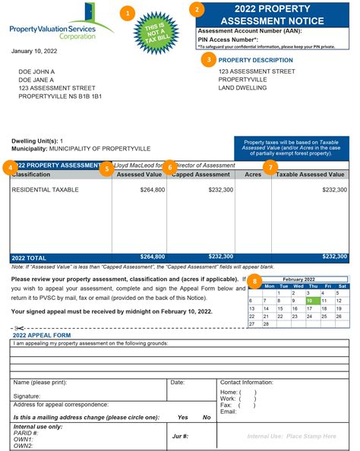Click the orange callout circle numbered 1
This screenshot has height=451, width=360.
coord(128,13)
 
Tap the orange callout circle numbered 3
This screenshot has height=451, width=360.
coord(208,59)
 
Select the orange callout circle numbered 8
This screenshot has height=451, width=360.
coord(255,282)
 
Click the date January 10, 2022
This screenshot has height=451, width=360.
coord(34,52)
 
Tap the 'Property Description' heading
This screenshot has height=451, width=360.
coord(255,60)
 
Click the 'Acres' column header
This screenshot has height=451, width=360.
coord(253,175)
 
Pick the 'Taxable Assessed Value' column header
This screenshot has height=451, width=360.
coord(310,175)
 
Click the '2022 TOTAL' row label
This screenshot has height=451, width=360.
coord(30,257)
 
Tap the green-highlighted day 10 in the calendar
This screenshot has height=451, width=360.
coord(309,301)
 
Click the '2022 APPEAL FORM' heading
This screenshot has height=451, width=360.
coord(41,335)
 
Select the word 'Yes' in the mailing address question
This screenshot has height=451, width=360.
coord(182,418)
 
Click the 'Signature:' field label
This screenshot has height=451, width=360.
coord(27,396)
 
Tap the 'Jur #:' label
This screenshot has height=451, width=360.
coord(181,437)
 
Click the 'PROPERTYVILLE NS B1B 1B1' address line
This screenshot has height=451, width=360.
coord(60,96)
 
